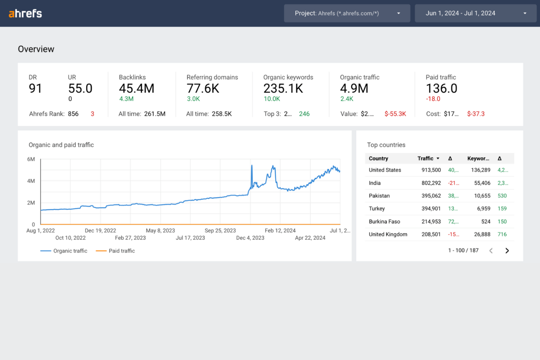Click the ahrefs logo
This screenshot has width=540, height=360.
coord(25,13)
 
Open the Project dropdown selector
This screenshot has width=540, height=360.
coord(347,13)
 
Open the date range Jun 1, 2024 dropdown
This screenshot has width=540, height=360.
coord(475,13)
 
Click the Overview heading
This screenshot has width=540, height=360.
coord(36,49)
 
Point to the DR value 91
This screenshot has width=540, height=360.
coord(35,89)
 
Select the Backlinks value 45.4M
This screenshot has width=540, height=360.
coord(136,89)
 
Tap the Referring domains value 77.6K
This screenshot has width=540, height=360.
coord(203,89)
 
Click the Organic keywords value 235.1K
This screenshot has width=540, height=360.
coord(283,89)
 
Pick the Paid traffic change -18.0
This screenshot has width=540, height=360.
coord(433,99)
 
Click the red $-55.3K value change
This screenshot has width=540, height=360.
coord(395,114)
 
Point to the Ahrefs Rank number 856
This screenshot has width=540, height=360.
coord(73,114)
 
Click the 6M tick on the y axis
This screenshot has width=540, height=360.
coord(31,159)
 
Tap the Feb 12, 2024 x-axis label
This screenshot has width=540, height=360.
coord(280,231)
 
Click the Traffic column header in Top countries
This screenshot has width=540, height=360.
coord(425,159)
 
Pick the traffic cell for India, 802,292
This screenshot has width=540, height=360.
coord(431,183)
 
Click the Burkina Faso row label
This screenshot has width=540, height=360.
coord(384,222)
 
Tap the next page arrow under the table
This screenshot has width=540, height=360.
coord(507,251)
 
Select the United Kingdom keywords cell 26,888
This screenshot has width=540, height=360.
coord(482,235)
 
